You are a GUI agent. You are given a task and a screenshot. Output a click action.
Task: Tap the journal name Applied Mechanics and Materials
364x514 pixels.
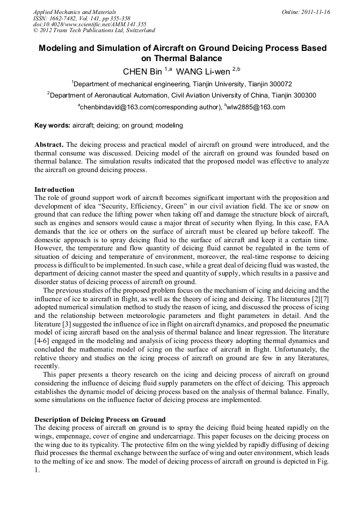(x=75, y=12)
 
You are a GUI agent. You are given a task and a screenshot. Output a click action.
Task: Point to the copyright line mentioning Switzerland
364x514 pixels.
(x=94, y=31)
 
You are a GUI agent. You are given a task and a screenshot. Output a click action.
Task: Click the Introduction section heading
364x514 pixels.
(x=54, y=189)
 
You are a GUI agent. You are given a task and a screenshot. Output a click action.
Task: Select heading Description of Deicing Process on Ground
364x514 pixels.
(x=100, y=419)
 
